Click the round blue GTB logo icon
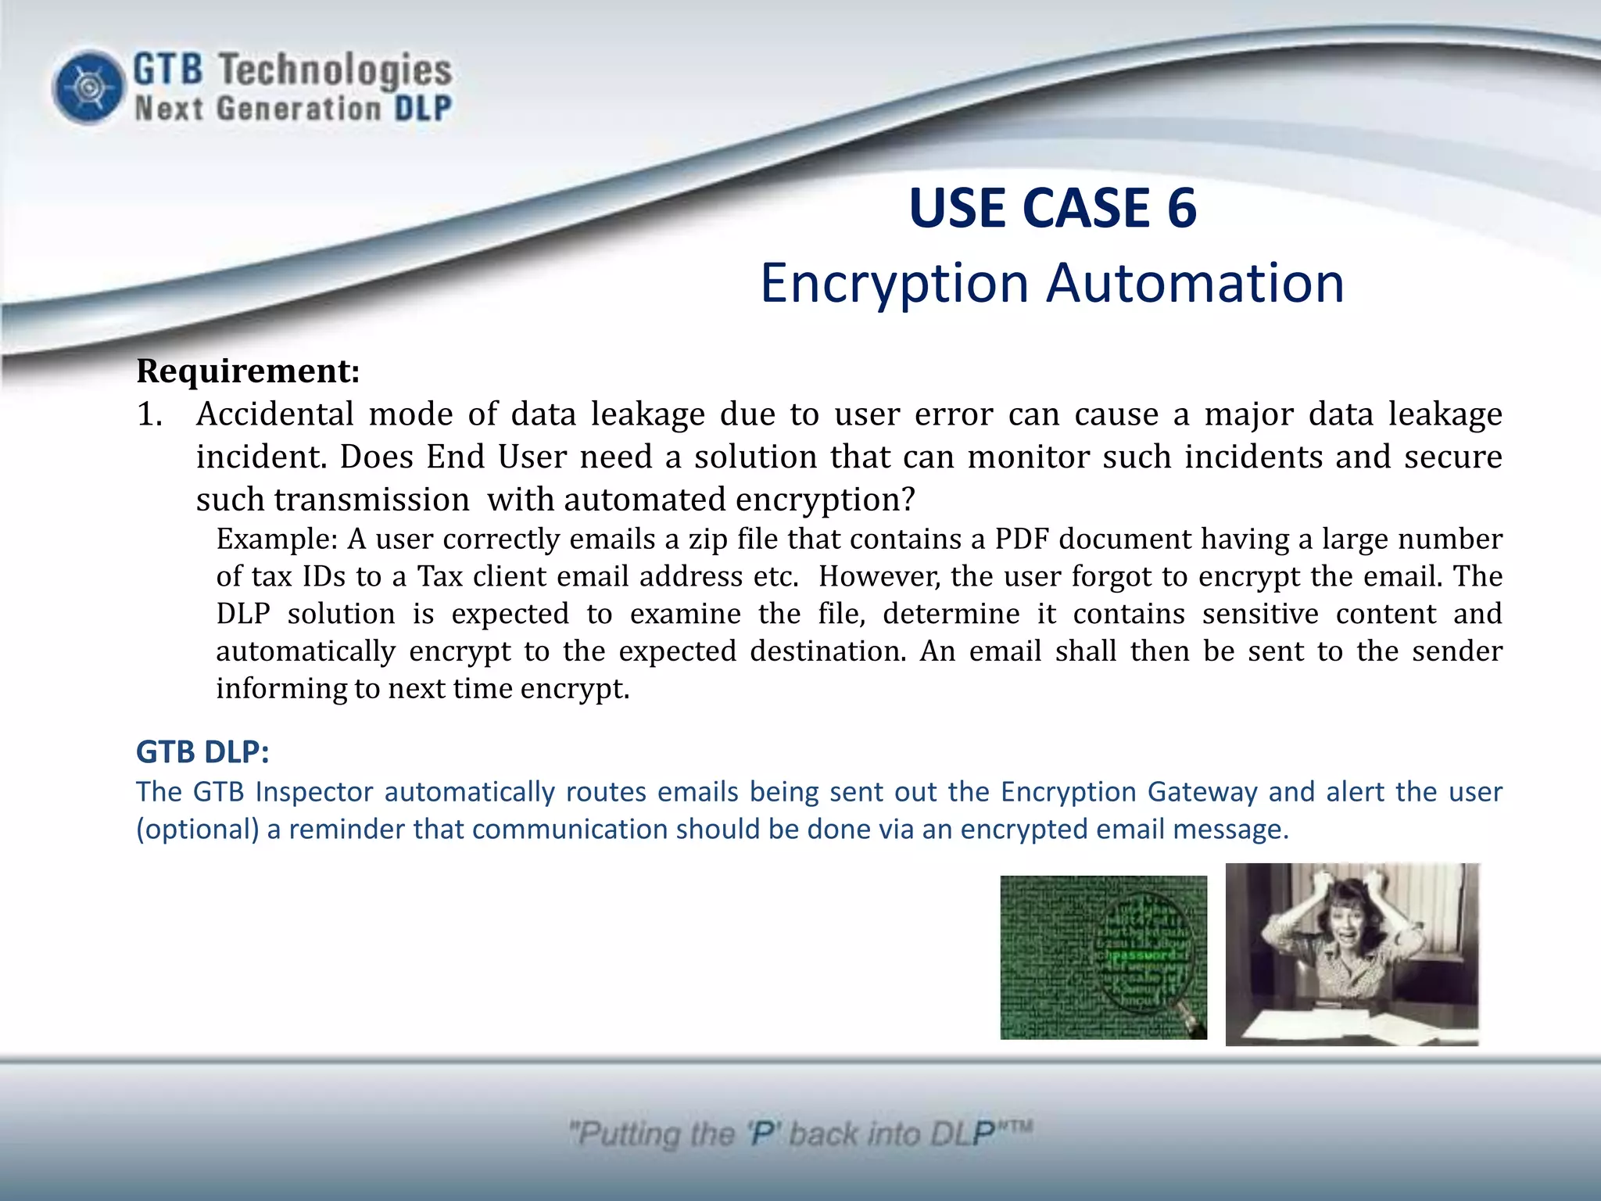coord(89,87)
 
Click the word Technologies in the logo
coord(334,70)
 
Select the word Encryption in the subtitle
coord(894,283)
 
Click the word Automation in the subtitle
coord(1195,283)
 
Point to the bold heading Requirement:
coord(248,371)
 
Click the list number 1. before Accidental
coord(149,414)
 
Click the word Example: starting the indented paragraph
coord(277,540)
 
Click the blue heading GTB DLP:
coord(202,751)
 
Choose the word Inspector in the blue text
coord(314,792)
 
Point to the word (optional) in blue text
coord(197,830)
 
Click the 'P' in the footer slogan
coord(761,1134)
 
